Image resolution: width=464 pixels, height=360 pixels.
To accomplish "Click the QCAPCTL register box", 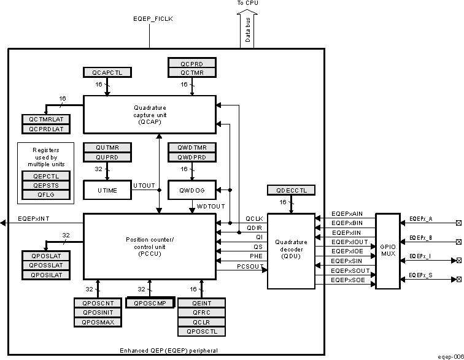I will (x=107, y=72).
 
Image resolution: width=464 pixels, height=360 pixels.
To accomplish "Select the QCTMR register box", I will (x=193, y=72).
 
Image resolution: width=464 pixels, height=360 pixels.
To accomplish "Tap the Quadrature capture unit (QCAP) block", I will (x=149, y=114).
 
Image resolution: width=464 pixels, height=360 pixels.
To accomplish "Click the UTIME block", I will (x=107, y=191).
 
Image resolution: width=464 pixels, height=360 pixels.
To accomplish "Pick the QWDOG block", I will (x=193, y=191).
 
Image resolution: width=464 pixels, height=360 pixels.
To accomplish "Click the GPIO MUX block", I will (x=387, y=251).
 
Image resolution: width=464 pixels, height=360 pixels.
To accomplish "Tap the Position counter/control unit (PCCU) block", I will (x=149, y=246).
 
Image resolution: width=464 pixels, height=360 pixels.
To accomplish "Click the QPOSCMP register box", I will (x=150, y=302).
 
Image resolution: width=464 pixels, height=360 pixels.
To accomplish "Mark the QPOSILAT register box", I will (x=46, y=275).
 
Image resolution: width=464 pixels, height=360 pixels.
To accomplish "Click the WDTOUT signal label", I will (x=211, y=207).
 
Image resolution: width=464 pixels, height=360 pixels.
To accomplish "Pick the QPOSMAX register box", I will (x=98, y=322).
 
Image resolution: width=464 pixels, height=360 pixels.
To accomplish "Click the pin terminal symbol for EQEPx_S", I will (x=457, y=280).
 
